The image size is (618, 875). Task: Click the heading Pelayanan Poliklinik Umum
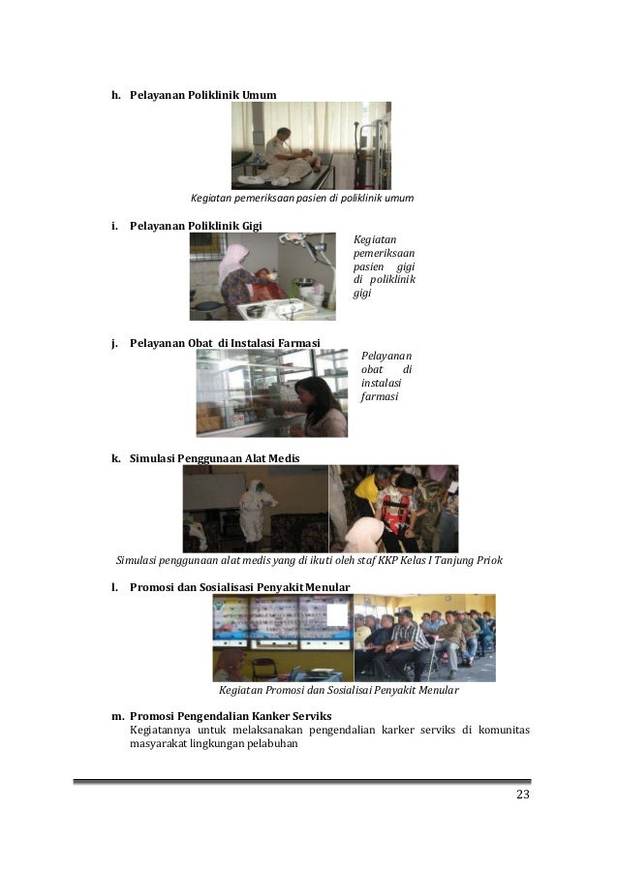(202, 94)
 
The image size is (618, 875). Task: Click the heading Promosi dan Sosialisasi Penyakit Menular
(239, 586)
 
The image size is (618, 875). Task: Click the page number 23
(522, 797)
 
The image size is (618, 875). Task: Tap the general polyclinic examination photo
(310, 145)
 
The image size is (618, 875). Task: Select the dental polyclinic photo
(263, 276)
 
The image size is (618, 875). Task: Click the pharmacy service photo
(271, 393)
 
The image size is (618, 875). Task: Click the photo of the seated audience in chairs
(424, 637)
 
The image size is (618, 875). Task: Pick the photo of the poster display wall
(282, 637)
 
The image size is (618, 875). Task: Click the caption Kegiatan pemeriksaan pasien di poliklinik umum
(301, 198)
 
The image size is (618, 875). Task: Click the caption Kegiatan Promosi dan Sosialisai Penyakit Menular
(338, 692)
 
